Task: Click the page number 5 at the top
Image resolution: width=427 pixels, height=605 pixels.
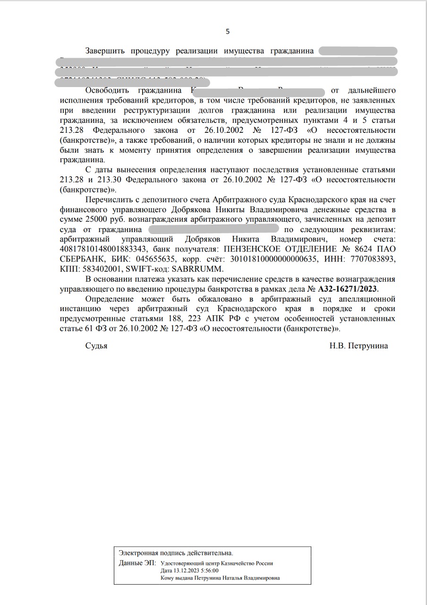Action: click(x=228, y=32)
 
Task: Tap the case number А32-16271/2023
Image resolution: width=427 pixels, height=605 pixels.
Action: click(x=349, y=288)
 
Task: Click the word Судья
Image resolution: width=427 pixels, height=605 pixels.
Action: click(x=96, y=346)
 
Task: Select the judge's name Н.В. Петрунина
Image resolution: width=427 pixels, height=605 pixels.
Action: click(x=359, y=346)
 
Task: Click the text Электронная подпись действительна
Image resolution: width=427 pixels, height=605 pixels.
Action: click(x=176, y=553)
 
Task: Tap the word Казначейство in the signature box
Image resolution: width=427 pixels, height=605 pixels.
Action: click(x=240, y=563)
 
